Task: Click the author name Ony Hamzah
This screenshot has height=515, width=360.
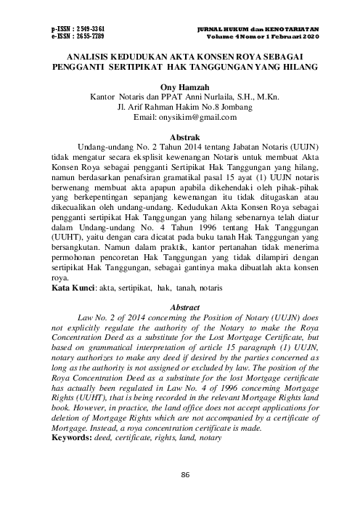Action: (179, 85)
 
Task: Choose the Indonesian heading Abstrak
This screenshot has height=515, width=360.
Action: (179, 136)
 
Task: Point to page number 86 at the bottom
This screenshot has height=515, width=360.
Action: (180, 495)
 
